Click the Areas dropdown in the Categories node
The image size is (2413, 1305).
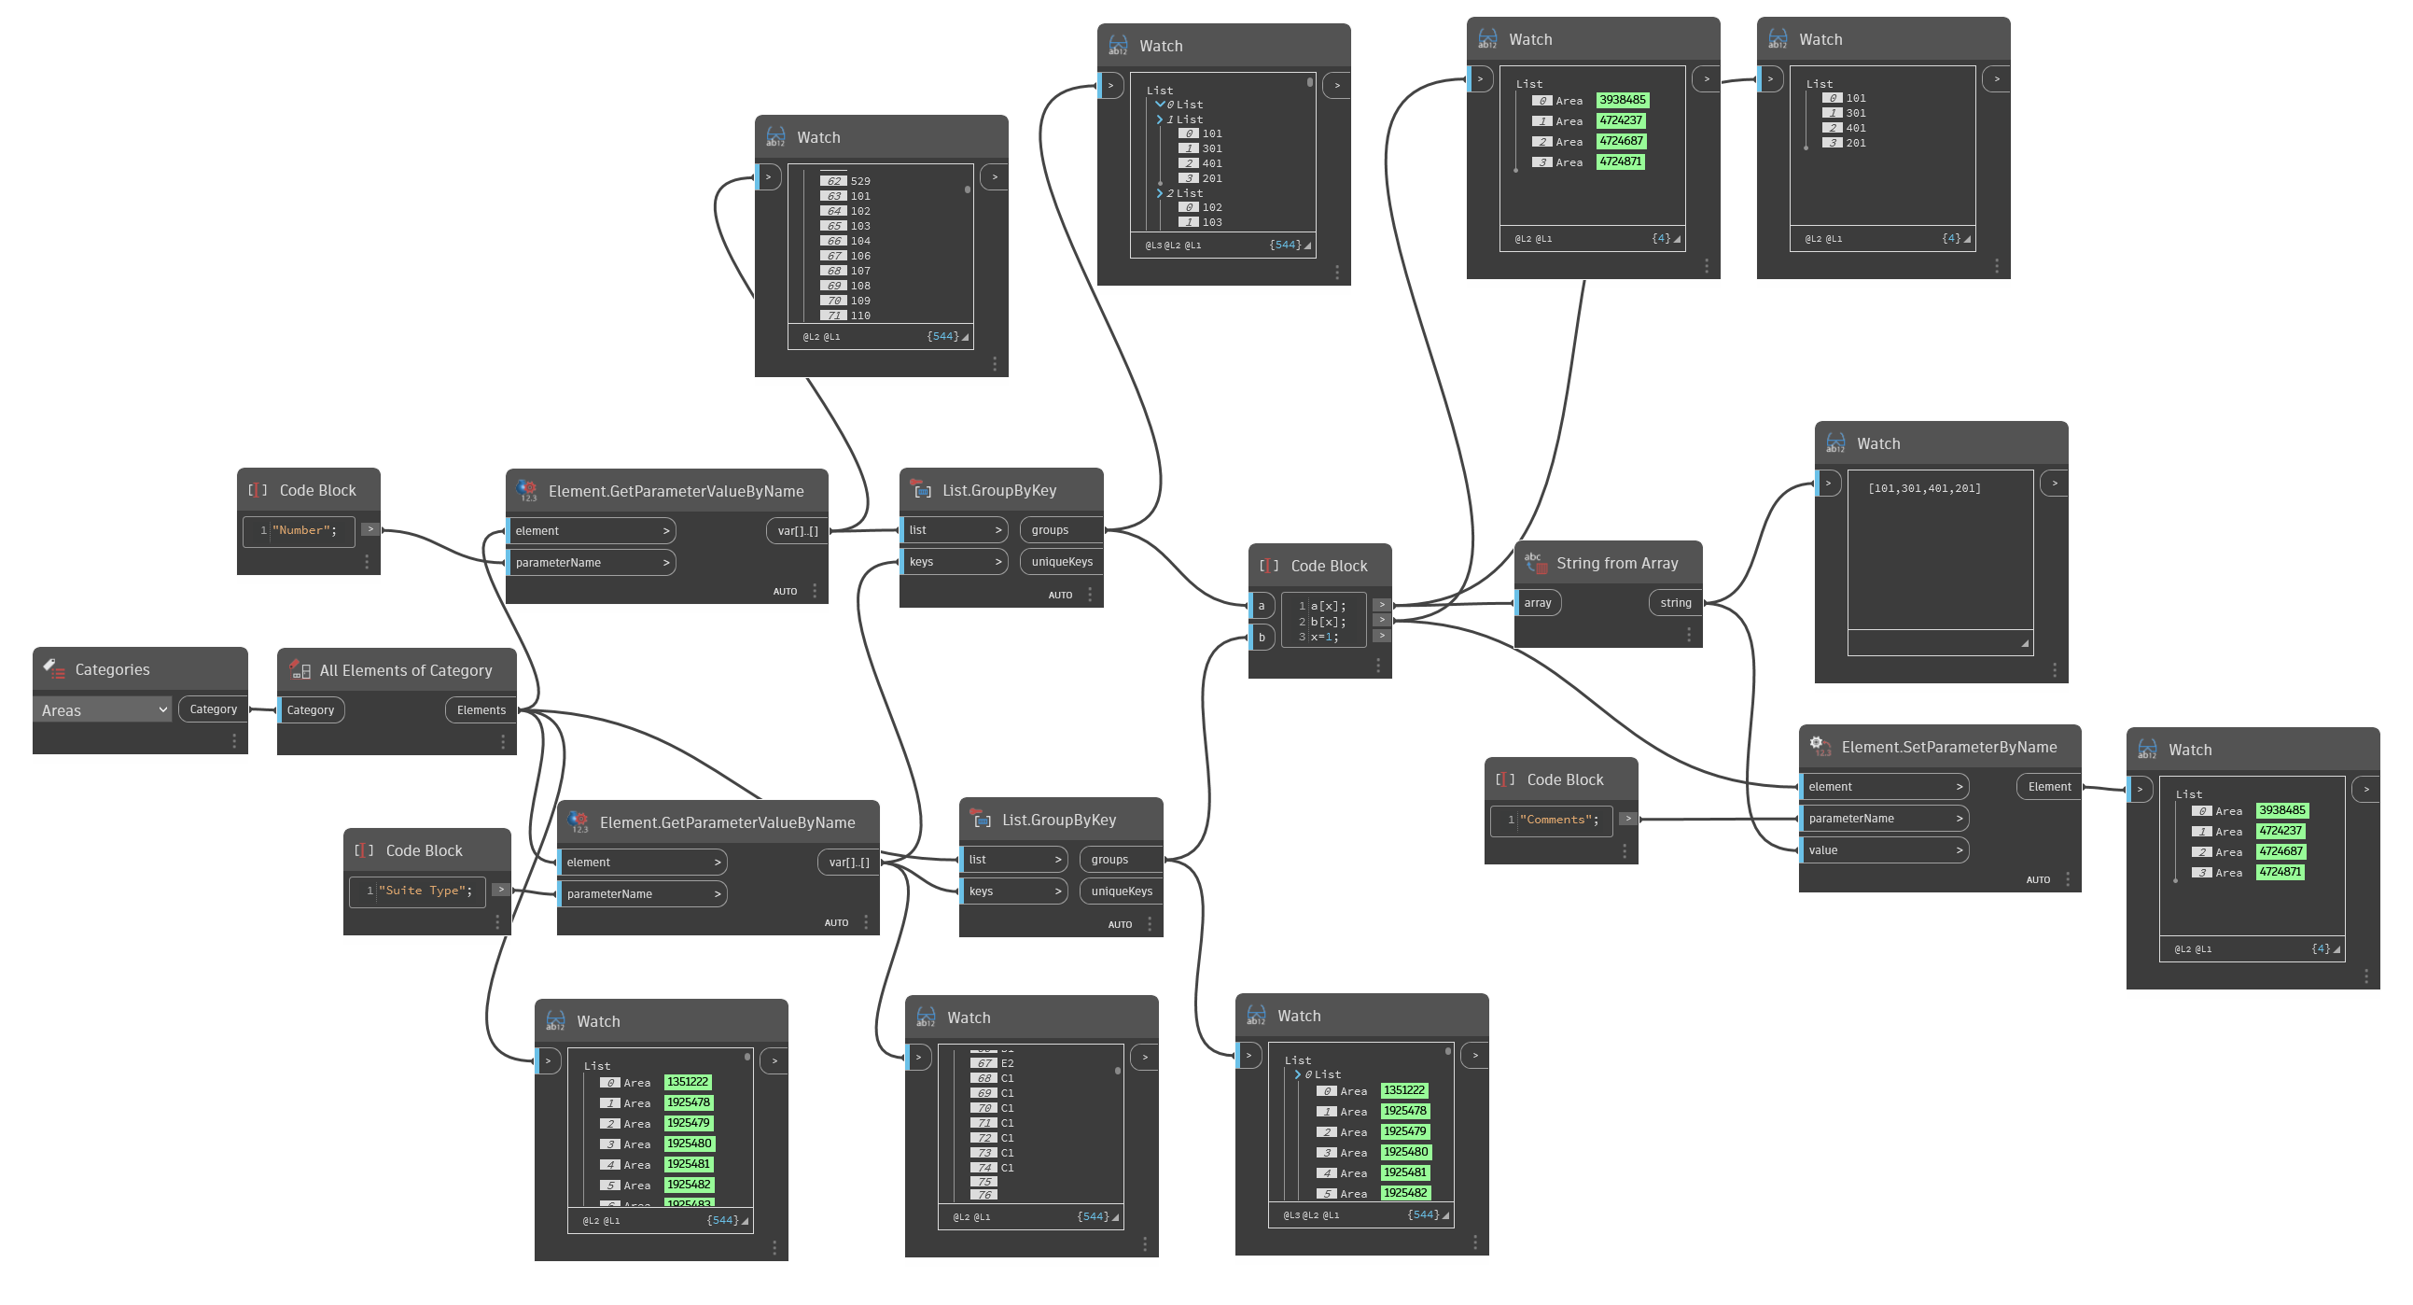click(x=104, y=710)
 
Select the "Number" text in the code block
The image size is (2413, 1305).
click(x=303, y=530)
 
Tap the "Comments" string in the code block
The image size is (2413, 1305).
click(x=1558, y=820)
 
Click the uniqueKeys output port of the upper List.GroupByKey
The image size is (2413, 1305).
click(x=1061, y=562)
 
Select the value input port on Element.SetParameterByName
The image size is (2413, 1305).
click(x=1883, y=850)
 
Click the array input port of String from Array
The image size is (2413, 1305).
click(x=1537, y=603)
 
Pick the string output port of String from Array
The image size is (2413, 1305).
click(x=1675, y=603)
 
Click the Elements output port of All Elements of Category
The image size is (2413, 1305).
click(x=481, y=710)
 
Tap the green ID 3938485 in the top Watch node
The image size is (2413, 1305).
click(x=1623, y=100)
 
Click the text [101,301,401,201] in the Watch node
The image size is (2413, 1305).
click(x=1924, y=489)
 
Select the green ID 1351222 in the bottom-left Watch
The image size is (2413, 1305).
click(x=688, y=1082)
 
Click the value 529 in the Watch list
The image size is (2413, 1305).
click(x=860, y=182)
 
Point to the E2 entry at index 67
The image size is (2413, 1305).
click(x=1007, y=1063)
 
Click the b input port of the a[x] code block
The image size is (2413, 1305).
click(x=1261, y=638)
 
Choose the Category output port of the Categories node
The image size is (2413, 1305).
click(x=213, y=709)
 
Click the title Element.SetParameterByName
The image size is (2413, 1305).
click(x=1948, y=748)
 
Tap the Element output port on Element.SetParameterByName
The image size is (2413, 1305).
click(x=2048, y=787)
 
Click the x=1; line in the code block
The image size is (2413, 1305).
click(x=1323, y=637)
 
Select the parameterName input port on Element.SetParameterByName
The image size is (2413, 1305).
click(x=1883, y=819)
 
